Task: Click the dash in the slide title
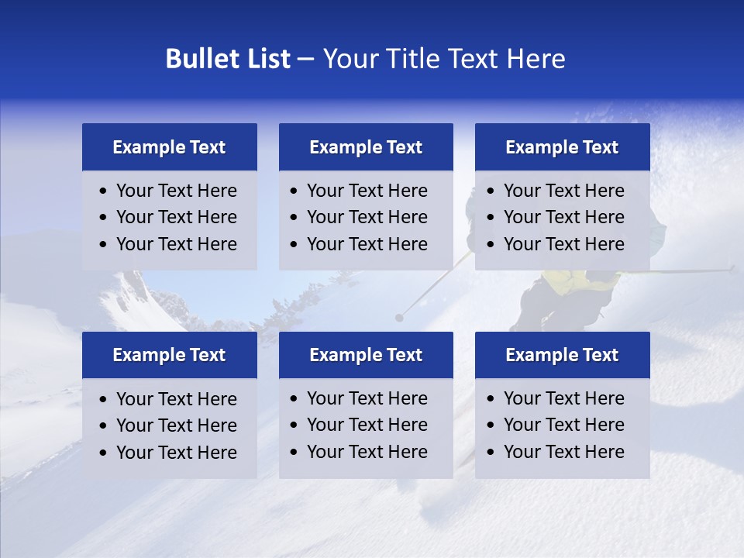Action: (305, 60)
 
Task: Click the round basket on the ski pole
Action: (399, 317)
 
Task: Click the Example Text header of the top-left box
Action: (169, 147)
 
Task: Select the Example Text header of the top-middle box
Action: (366, 147)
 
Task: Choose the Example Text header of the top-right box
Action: (562, 147)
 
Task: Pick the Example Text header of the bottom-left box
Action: (169, 355)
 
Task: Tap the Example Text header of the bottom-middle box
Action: (366, 355)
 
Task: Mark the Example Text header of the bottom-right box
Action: (562, 355)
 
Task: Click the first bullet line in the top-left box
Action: (177, 191)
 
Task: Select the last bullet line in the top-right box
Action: (563, 244)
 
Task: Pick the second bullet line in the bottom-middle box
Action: (367, 425)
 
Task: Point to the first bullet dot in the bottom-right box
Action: (491, 399)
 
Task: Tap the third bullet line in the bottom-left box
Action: (177, 453)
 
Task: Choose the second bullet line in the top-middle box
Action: (367, 217)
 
